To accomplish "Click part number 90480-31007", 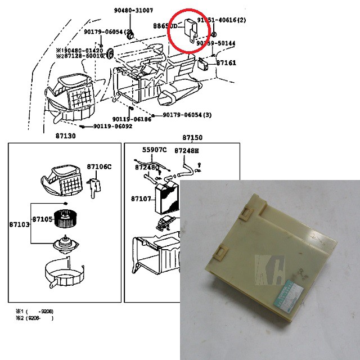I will pos(133,11).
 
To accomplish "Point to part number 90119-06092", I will pos(112,127).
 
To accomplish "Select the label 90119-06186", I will pos(132,119).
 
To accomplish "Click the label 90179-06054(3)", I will pos(187,115).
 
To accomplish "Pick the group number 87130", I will pos(66,137).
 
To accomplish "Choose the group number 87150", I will pos(192,137).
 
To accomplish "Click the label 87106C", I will pos(100,166).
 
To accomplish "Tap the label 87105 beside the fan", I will pos(42,219).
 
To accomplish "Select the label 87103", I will pos(19,224).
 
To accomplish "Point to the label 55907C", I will pos(154,150).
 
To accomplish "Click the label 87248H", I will pos(186,151).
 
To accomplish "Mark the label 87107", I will pos(141,199).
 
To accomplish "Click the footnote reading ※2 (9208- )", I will pos(35,318).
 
